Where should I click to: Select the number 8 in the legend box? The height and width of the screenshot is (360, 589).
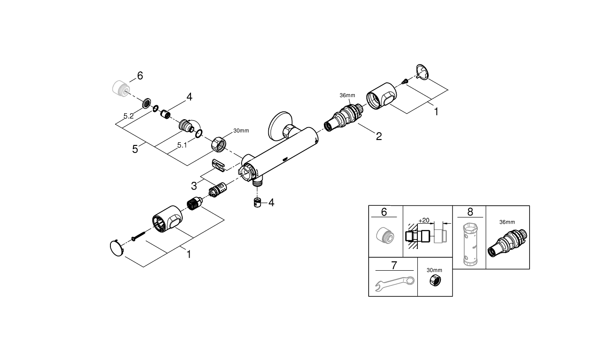[469, 212]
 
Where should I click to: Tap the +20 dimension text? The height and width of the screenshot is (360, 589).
[424, 220]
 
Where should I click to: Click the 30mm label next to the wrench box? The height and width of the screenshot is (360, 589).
[434, 270]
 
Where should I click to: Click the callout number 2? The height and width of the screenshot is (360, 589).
[379, 136]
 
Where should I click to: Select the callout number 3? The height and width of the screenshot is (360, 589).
[194, 186]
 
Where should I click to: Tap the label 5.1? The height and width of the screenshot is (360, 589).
[182, 145]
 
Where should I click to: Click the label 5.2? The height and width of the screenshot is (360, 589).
[128, 116]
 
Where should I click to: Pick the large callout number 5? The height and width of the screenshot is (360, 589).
[135, 149]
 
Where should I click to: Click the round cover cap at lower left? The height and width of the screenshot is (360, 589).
[117, 249]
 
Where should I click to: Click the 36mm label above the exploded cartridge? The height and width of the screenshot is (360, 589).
[347, 95]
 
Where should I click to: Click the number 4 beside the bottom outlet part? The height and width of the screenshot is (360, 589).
[271, 203]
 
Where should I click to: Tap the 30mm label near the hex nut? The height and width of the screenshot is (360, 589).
[241, 131]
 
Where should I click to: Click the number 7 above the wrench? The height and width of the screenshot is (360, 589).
[393, 265]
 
